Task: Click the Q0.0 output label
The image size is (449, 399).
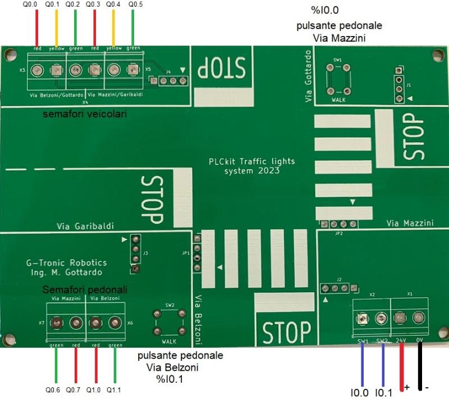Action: tap(30, 5)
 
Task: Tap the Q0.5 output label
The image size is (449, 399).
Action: tap(136, 5)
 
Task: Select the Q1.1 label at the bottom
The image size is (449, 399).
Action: tap(114, 389)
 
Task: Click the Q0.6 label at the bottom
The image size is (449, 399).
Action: tap(53, 389)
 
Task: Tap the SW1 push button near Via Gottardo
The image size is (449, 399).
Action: tap(338, 77)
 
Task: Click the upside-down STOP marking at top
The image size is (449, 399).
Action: tap(222, 69)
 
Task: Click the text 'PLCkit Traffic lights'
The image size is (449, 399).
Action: tap(251, 161)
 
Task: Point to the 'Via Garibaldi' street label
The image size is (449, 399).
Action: tap(85, 226)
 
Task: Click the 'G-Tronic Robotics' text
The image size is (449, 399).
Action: tap(66, 262)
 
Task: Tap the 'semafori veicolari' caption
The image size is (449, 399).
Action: tap(85, 115)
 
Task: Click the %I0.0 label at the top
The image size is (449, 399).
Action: tap(324, 10)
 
